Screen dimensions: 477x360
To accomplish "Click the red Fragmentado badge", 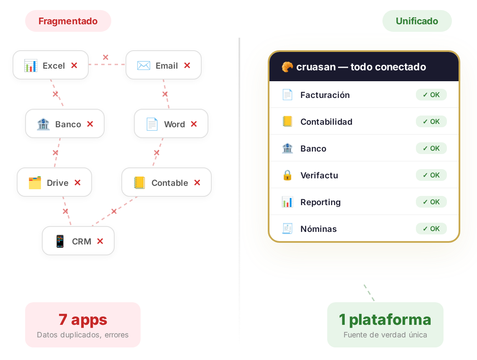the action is pos(68,21).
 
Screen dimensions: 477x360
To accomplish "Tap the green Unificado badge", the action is pos(417,21).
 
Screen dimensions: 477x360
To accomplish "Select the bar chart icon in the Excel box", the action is pos(31,66).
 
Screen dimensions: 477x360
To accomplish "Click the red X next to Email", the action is pos(187,65).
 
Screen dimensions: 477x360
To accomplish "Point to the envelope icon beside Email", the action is pos(144,65).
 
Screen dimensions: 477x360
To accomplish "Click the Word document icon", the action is pos(152,124).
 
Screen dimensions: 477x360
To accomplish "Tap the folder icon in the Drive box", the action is pos(35,183).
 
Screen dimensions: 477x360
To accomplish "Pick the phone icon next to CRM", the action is pos(60,241).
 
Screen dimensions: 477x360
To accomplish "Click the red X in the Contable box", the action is pos(197,183).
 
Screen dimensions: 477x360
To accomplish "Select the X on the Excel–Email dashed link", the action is pos(105,57).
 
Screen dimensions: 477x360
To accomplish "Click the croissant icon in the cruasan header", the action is pos(287,67).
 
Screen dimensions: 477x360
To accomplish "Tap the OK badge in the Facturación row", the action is pos(431,95).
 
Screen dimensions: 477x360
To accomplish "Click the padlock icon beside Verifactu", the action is pos(287,175).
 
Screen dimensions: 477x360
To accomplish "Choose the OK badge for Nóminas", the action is pos(431,229).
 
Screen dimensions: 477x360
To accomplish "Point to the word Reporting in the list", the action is pos(321,202).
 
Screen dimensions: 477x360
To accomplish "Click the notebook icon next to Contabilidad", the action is pos(287,121).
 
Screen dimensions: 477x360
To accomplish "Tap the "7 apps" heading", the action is pos(83,319).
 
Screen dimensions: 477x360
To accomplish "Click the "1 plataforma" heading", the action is pos(385,319).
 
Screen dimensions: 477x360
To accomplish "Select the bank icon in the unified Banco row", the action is pos(287,148).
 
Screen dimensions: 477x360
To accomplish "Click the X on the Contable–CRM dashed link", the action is pos(114,211).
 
